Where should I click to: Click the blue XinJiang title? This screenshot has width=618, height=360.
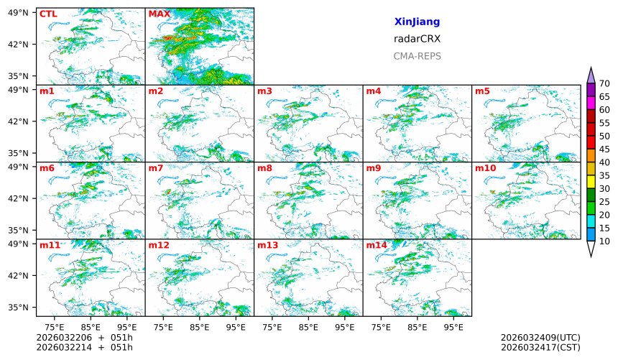pyautogui.click(x=417, y=22)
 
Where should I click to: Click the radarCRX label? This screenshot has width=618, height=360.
pyautogui.click(x=417, y=39)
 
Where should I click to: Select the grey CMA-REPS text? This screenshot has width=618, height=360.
pyautogui.click(x=417, y=56)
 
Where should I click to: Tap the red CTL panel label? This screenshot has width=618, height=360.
pyautogui.click(x=48, y=14)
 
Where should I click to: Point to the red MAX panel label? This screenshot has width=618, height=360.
pyautogui.click(x=159, y=14)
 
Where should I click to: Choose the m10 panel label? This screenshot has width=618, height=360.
pyautogui.click(x=485, y=168)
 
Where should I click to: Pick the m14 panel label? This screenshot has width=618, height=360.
pyautogui.click(x=376, y=246)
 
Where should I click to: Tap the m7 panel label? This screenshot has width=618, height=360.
pyautogui.click(x=156, y=168)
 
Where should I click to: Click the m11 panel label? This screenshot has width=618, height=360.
pyautogui.click(x=50, y=246)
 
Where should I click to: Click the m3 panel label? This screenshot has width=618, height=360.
pyautogui.click(x=264, y=91)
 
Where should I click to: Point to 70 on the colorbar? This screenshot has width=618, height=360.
pyautogui.click(x=604, y=84)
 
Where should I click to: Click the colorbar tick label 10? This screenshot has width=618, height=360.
pyautogui.click(x=604, y=241)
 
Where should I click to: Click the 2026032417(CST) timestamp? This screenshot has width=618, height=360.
pyautogui.click(x=540, y=347)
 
